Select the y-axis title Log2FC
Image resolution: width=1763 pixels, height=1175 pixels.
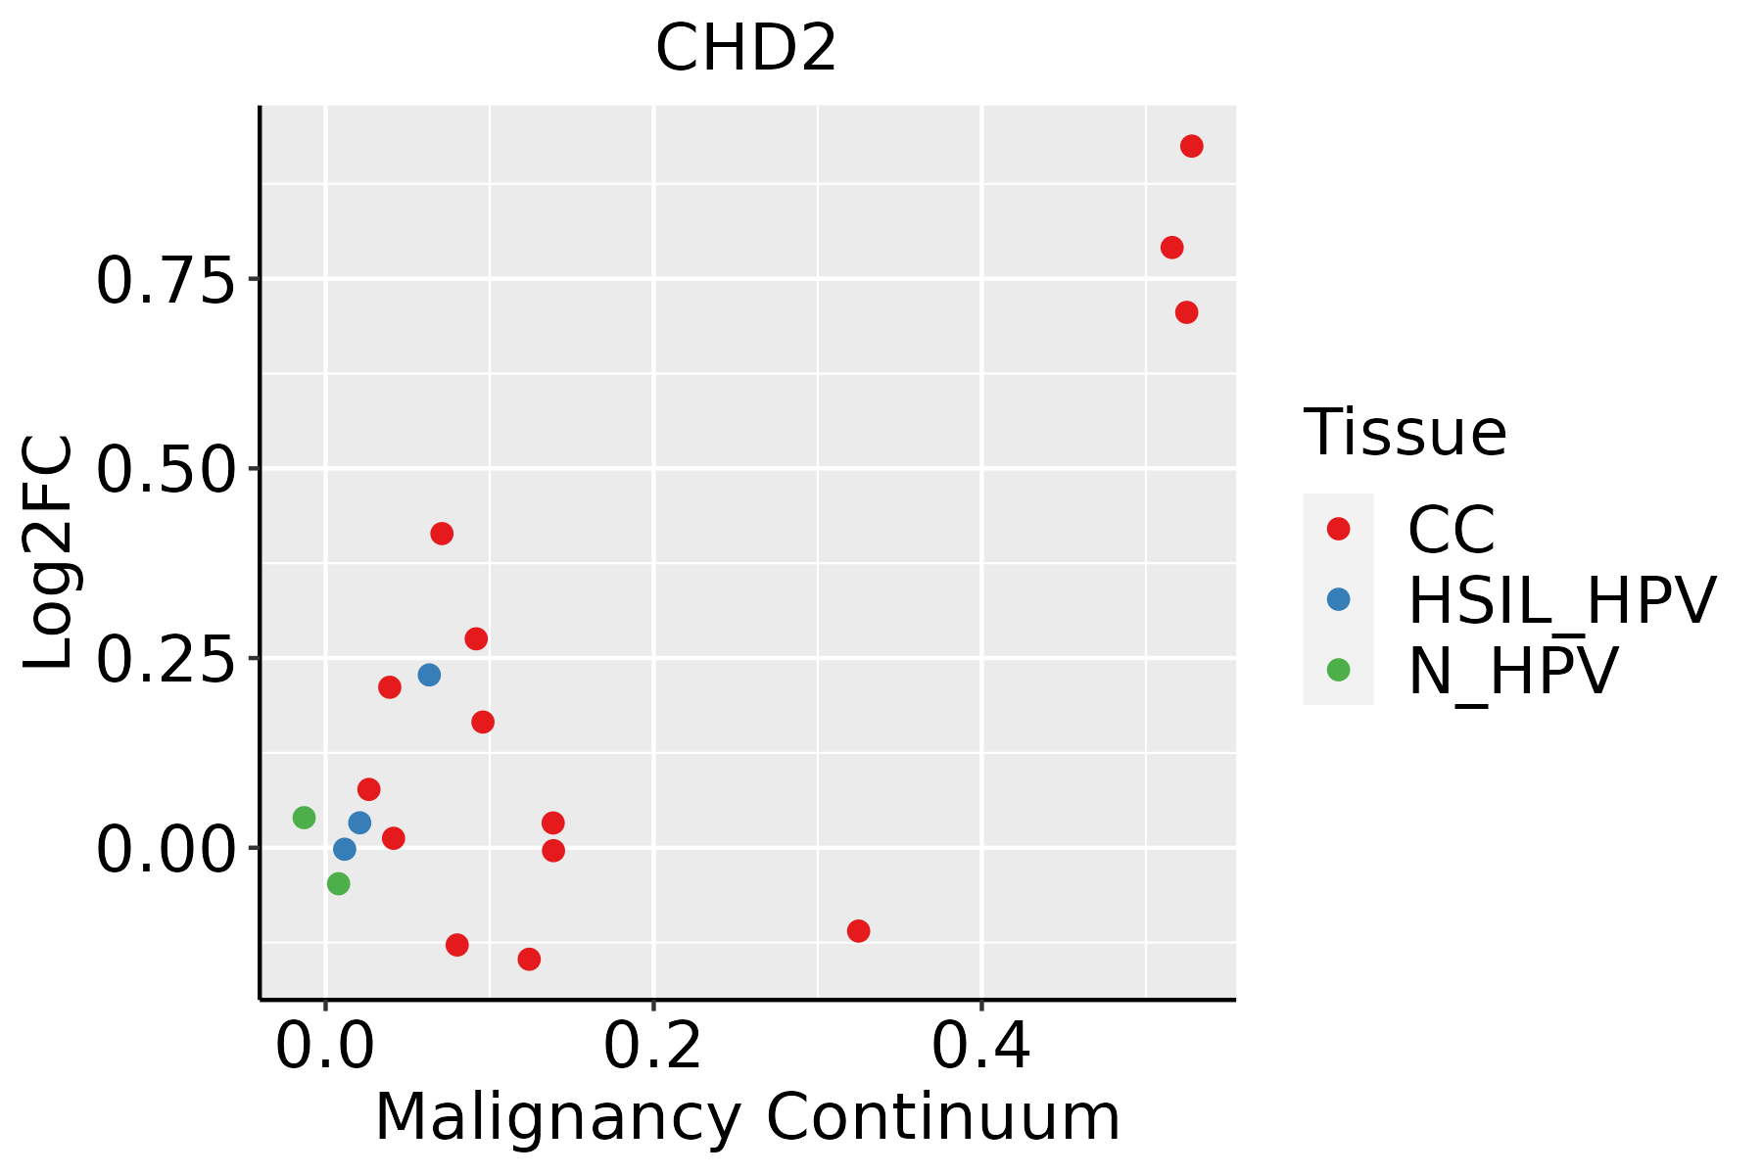pyautogui.click(x=49, y=552)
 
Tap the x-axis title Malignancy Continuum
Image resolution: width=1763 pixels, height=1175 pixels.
pyautogui.click(x=747, y=1117)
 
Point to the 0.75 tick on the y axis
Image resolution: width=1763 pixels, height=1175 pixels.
pyautogui.click(x=167, y=281)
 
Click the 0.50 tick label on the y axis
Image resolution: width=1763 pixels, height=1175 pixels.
pyautogui.click(x=167, y=470)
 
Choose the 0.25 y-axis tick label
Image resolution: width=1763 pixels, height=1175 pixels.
pyautogui.click(x=167, y=660)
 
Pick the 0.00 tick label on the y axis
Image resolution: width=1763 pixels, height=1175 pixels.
pyautogui.click(x=167, y=849)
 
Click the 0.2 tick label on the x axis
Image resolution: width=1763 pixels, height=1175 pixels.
pyautogui.click(x=652, y=1047)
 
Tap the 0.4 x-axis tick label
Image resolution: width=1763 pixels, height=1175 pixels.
pyautogui.click(x=980, y=1047)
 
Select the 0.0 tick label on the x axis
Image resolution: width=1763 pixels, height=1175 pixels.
pyautogui.click(x=325, y=1047)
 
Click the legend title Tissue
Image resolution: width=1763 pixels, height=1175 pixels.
pyautogui.click(x=1405, y=432)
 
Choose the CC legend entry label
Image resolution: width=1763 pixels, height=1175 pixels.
pyautogui.click(x=1451, y=530)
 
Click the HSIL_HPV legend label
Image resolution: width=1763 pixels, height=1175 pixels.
pyautogui.click(x=1561, y=600)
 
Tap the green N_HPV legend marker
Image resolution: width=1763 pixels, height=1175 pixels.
pyautogui.click(x=1338, y=670)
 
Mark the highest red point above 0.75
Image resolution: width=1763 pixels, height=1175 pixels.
pyautogui.click(x=1191, y=147)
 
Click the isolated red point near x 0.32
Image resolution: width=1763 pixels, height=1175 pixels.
pyautogui.click(x=858, y=930)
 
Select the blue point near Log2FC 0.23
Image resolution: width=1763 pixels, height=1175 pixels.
pyautogui.click(x=429, y=675)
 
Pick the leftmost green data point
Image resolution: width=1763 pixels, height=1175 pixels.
pyautogui.click(x=305, y=817)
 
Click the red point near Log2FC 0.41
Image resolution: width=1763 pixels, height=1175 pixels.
pyautogui.click(x=442, y=534)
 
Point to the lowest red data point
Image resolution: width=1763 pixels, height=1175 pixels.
pyautogui.click(x=529, y=959)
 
